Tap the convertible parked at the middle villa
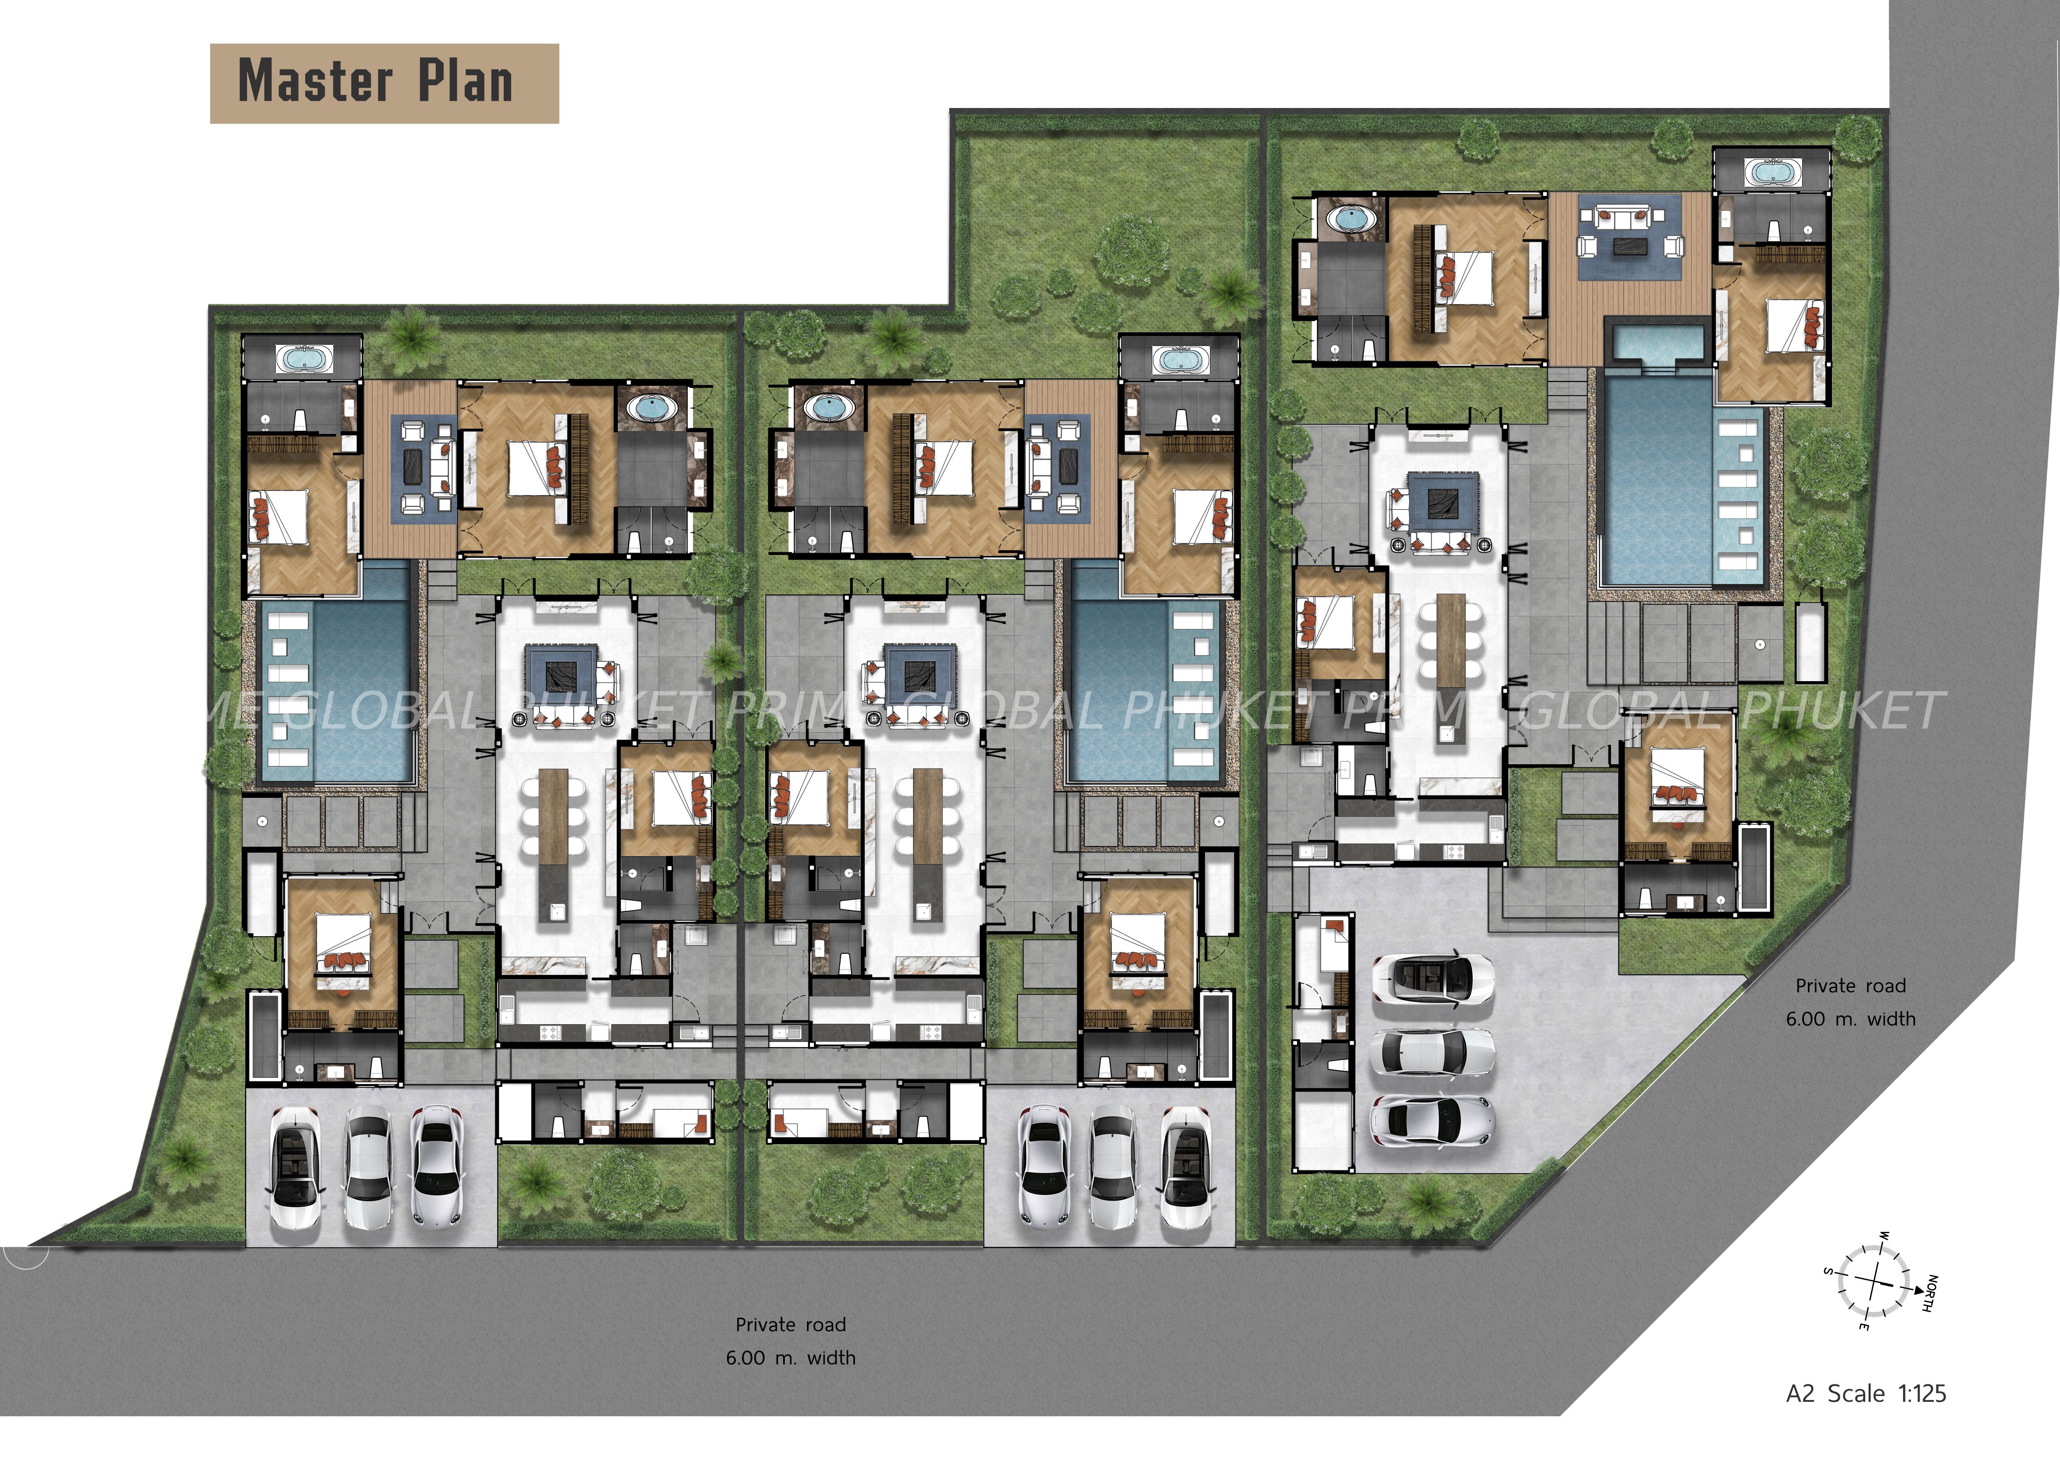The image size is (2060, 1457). tap(1186, 1168)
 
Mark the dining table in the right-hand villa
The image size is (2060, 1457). tap(1452, 639)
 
